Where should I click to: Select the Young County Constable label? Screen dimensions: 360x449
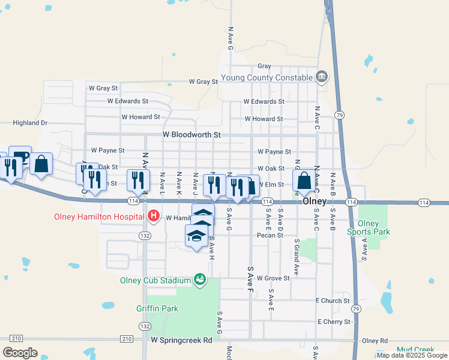(267, 77)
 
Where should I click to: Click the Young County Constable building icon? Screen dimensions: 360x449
(322, 77)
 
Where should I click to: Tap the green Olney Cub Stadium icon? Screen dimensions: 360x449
(199, 280)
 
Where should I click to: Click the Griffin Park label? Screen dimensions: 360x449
(157, 309)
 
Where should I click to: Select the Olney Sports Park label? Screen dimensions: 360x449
(370, 227)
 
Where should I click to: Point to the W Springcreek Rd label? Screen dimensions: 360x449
(182, 340)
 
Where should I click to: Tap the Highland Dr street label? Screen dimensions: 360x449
(30, 123)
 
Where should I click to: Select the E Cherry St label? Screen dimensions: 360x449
(334, 322)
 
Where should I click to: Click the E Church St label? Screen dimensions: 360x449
(333, 301)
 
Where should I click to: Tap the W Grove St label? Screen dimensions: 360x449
(273, 278)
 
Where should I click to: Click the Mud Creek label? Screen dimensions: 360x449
(415, 349)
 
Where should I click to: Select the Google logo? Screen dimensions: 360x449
(20, 352)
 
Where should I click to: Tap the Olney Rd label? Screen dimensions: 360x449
(375, 340)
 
